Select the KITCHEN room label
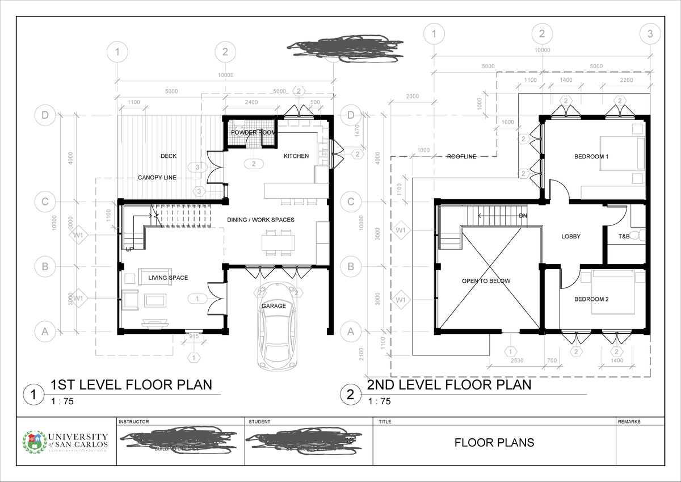296,156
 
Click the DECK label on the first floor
169,156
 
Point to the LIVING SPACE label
168,278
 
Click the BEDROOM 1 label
591,157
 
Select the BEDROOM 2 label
591,299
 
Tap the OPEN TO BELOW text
486,281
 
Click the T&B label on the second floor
624,237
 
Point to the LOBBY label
571,237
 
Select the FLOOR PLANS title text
494,443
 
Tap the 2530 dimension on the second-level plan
516,361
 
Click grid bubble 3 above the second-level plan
650,33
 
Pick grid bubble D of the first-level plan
44,115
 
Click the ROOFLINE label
461,157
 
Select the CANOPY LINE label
157,178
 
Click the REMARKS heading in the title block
629,422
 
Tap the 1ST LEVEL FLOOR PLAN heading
131,385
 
